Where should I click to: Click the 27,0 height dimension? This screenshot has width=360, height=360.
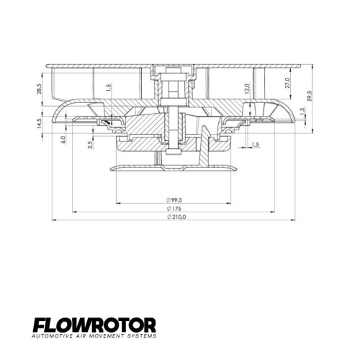pos(287,82)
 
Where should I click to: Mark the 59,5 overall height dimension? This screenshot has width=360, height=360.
pos(309,96)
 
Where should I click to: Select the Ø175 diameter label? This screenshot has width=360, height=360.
pos(174,208)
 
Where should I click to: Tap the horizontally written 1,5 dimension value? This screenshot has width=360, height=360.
pos(256,145)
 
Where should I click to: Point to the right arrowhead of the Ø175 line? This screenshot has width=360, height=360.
pos(274,212)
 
